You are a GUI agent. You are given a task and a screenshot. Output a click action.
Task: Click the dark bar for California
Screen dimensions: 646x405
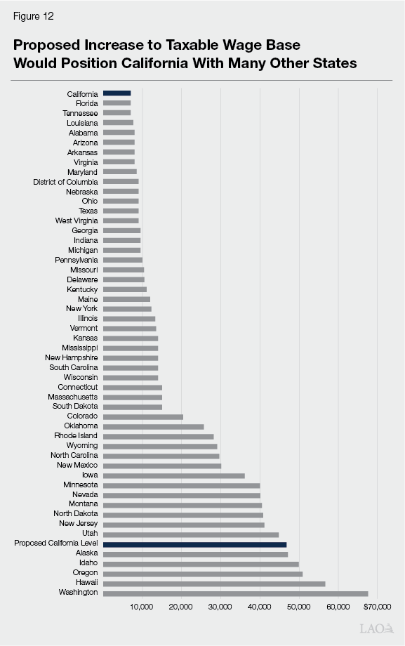coord(117,93)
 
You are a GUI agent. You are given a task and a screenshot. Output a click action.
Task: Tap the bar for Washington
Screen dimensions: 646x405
coord(235,593)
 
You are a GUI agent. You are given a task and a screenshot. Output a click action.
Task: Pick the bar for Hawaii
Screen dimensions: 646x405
coord(214,584)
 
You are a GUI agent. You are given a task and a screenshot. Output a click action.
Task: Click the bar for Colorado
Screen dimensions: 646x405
coord(142,417)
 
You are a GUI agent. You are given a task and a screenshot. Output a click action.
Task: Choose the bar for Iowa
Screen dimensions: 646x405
coord(173,475)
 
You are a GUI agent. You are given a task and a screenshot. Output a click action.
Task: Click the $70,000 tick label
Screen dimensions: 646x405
coord(378,606)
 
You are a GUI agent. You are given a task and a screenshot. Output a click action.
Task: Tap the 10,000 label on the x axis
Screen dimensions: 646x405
coord(142,606)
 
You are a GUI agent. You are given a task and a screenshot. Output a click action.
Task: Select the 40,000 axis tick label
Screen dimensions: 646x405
coord(260,606)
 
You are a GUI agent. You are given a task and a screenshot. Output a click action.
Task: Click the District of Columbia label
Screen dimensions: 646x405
coord(65,182)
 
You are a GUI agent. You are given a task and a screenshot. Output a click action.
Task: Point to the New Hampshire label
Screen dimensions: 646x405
coord(72,358)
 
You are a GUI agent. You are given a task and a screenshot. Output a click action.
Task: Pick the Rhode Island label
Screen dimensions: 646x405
coord(76,436)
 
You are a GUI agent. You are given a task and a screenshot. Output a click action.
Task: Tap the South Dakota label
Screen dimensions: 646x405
coord(75,407)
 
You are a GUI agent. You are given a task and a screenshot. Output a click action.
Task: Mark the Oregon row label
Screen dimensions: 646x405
coord(85,573)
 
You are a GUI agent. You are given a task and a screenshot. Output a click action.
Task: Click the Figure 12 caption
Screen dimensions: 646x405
coord(32,15)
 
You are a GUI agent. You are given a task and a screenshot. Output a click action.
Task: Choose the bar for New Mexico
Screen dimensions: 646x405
coord(161,466)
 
